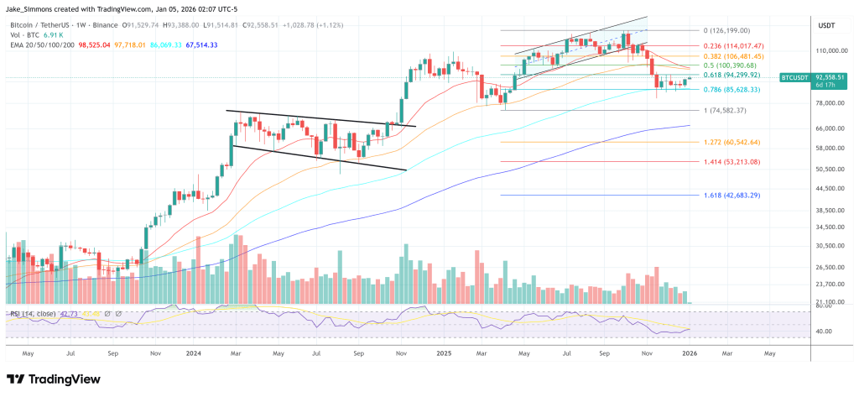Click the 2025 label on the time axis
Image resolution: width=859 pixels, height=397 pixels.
tap(444, 354)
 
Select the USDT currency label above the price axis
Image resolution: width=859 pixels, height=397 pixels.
tap(826, 27)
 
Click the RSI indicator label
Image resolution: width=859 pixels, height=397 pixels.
tap(34, 314)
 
